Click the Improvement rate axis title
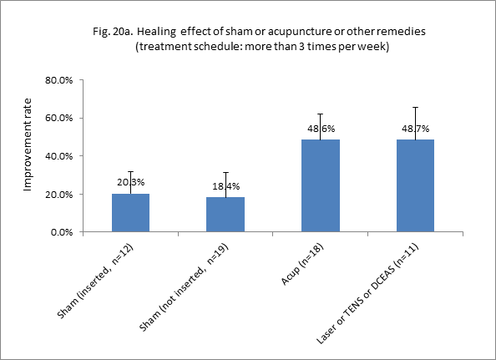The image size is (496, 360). tap(28, 155)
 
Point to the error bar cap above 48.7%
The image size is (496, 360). tap(415, 107)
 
